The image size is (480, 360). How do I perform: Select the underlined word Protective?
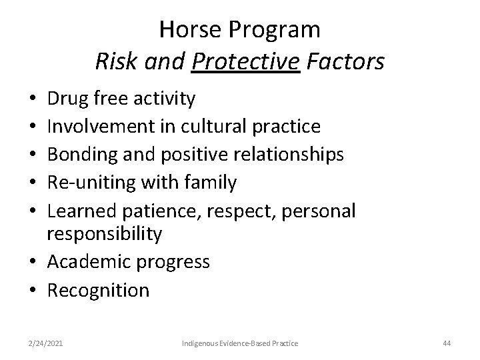pyautogui.click(x=245, y=62)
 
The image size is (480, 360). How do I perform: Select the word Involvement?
pyautogui.click(x=99, y=127)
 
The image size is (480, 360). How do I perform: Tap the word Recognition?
pyautogui.click(x=98, y=290)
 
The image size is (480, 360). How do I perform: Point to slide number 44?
pyautogui.click(x=447, y=343)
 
